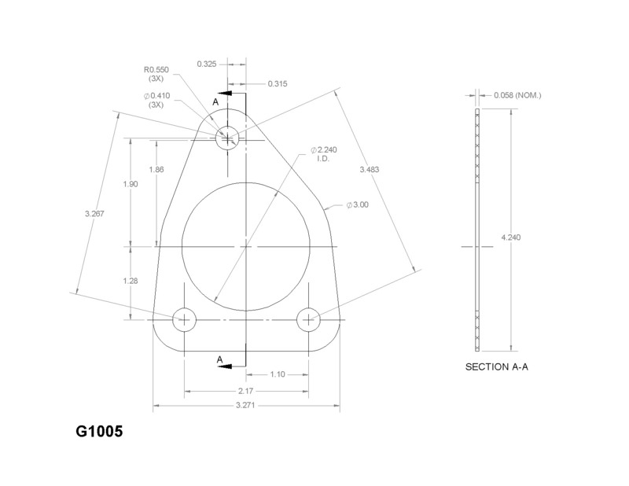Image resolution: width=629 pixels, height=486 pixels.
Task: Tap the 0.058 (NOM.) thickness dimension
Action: click(x=518, y=96)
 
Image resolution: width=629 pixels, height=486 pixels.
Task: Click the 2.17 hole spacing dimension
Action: click(x=246, y=390)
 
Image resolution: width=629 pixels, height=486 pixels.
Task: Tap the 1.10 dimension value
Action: click(x=277, y=374)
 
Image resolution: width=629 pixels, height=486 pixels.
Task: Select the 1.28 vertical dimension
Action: click(x=130, y=280)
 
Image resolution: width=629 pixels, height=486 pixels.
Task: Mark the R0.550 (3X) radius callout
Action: click(x=157, y=74)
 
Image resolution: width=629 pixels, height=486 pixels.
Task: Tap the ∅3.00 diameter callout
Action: click(x=358, y=204)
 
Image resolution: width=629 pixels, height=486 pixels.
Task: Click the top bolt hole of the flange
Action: click(x=228, y=137)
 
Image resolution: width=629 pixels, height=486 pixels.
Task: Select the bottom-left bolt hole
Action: click(x=184, y=319)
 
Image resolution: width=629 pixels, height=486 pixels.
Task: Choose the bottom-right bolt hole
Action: click(x=307, y=319)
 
